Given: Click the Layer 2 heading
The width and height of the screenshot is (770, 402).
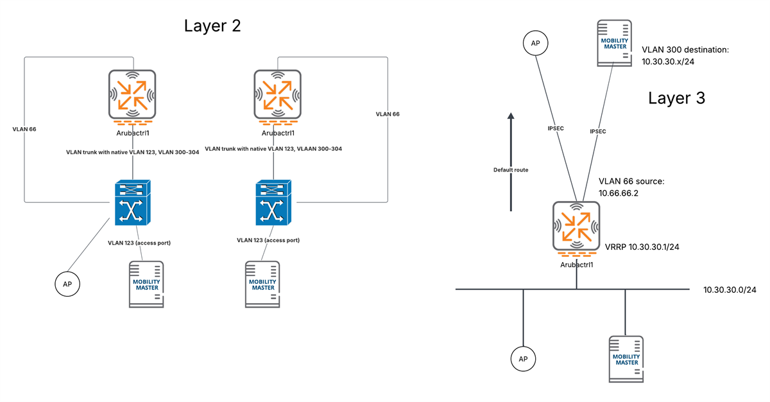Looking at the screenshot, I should pyautogui.click(x=212, y=26).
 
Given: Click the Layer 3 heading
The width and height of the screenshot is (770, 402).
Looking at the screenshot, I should pyautogui.click(x=676, y=98).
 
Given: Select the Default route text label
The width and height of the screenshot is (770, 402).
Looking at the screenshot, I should pyautogui.click(x=511, y=170).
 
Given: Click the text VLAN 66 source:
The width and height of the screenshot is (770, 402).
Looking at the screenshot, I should pyautogui.click(x=631, y=182).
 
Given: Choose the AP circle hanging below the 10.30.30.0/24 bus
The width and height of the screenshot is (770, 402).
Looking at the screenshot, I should pyautogui.click(x=523, y=358).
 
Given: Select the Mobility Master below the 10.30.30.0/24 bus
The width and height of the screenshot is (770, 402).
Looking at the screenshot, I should pyautogui.click(x=626, y=358).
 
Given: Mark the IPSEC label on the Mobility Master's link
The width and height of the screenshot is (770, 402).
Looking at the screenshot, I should pyautogui.click(x=598, y=130).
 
